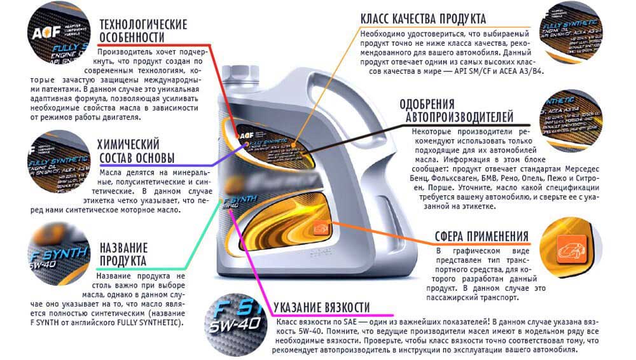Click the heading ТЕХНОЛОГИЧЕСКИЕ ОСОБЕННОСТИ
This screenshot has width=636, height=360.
(x=143, y=30)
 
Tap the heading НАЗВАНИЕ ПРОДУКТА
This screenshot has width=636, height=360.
(x=123, y=254)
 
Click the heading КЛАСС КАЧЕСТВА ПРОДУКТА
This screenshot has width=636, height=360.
(x=423, y=18)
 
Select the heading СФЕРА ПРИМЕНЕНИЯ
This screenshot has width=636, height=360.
(x=481, y=237)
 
